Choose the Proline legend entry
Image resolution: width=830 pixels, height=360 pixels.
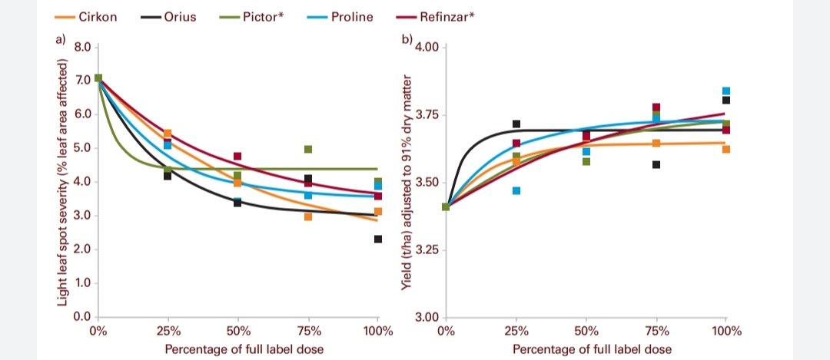pos(351,16)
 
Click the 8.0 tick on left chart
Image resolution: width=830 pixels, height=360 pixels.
pos(81,47)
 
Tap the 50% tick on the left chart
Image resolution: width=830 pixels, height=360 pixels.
pos(238,332)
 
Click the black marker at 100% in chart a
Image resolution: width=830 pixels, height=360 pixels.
pos(378,239)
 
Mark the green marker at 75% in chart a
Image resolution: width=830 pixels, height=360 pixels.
pos(308,149)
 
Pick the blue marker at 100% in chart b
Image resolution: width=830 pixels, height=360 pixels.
pos(726,91)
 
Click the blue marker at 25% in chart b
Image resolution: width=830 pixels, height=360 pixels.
pos(516,190)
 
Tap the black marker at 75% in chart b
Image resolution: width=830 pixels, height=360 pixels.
pos(656,164)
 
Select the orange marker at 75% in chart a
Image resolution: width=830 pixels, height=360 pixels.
pos(308,217)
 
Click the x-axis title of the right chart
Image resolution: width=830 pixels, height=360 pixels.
pos(592,348)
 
